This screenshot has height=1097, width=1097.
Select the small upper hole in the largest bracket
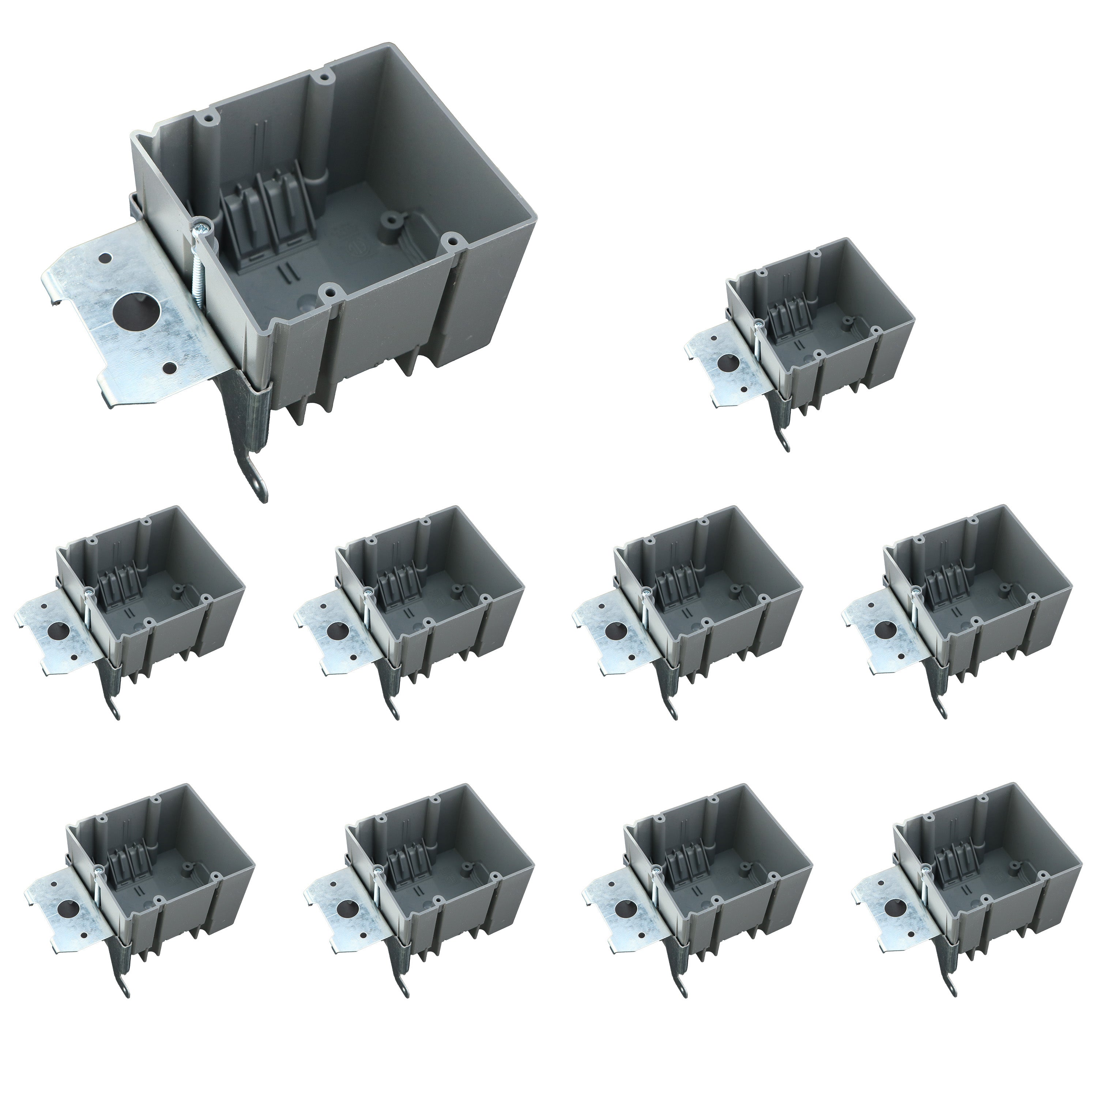105,259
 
